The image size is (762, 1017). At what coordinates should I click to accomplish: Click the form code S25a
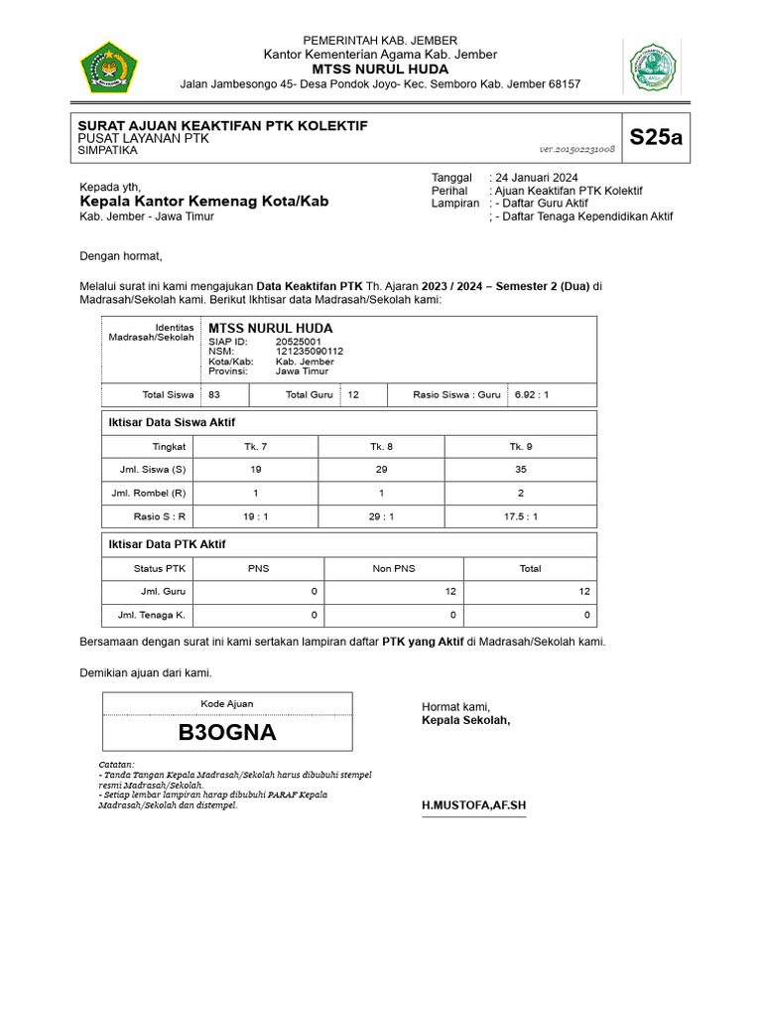coord(656,138)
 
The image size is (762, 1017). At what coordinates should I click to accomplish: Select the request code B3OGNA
coord(227,733)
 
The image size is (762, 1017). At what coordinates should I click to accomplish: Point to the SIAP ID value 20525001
coord(299,342)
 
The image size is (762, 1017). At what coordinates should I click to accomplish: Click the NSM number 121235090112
coord(310,352)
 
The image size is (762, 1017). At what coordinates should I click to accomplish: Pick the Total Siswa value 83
coord(214,394)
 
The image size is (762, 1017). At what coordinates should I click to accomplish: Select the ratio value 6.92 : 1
coord(532,394)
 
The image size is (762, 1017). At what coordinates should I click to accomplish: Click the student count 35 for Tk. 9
coord(521,469)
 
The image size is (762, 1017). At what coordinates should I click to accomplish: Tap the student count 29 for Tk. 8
coord(382,469)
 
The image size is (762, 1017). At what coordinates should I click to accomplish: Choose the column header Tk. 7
coord(255,446)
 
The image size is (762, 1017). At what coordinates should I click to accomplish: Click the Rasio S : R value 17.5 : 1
coord(521,516)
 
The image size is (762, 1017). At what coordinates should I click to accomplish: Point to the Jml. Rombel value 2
coord(521,493)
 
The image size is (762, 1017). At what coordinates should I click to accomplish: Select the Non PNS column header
coord(394,568)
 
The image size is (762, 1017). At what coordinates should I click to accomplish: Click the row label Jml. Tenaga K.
coord(152,616)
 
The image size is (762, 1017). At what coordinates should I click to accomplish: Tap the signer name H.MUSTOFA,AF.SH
coord(474,803)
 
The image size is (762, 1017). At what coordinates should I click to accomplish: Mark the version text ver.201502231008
coord(577,149)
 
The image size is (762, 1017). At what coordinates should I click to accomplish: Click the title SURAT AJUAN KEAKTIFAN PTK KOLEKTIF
coord(222,126)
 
